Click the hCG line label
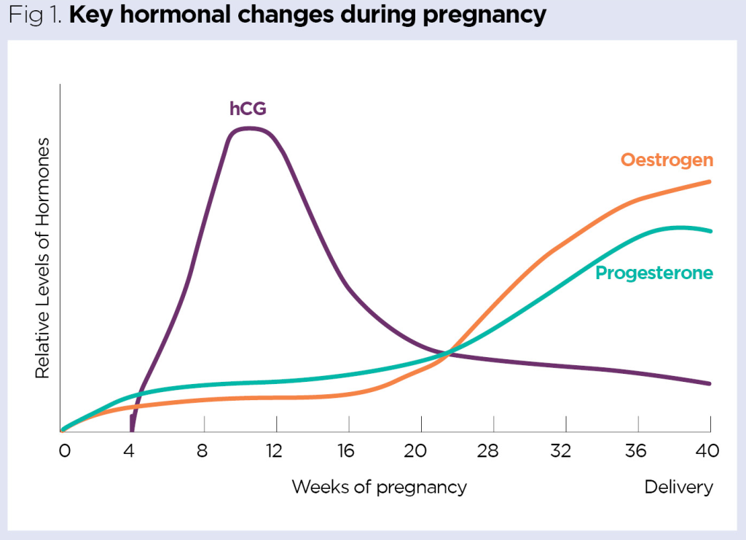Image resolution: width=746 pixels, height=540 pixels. [248, 109]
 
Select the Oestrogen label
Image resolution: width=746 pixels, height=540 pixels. [667, 160]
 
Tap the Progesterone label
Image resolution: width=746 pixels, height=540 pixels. [653, 273]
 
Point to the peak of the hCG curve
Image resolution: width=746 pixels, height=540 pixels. [249, 128]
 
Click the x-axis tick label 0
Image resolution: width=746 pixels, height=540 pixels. [64, 451]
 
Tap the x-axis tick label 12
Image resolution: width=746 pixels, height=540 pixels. [273, 451]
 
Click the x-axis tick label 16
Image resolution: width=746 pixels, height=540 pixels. [346, 451]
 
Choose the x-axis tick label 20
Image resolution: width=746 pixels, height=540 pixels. [415, 451]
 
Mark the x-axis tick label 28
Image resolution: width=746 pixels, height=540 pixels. [488, 451]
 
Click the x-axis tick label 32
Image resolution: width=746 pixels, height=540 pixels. [560, 451]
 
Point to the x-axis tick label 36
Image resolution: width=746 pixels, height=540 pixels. [636, 451]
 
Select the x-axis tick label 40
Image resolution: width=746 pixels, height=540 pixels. [707, 451]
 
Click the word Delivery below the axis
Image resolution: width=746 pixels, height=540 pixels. [678, 487]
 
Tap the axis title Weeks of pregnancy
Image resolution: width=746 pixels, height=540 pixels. [379, 487]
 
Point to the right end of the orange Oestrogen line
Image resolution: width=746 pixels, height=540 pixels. [709, 181]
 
